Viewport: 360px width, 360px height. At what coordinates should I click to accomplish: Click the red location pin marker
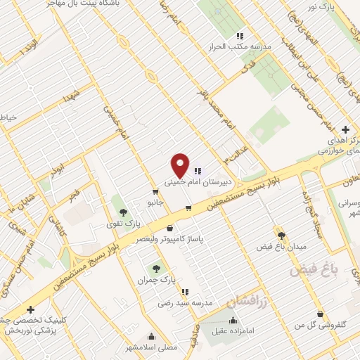[180, 165]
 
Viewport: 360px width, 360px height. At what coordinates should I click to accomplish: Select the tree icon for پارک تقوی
[123, 212]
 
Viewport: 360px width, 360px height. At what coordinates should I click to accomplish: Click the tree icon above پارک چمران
[155, 268]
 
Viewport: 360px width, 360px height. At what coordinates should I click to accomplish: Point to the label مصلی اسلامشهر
[151, 347]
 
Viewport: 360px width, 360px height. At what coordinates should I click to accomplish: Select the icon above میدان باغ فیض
[281, 236]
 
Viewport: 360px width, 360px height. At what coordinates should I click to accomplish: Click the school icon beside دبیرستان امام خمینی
[198, 169]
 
